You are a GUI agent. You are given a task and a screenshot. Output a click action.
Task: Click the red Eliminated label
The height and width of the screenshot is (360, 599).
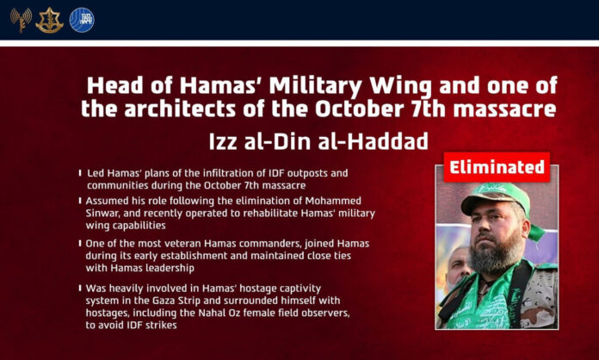point(497,167)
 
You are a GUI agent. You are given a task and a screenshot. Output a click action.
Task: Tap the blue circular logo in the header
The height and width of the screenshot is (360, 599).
point(82,20)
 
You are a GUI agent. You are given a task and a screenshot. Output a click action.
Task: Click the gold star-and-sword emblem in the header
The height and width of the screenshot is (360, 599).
point(49,21)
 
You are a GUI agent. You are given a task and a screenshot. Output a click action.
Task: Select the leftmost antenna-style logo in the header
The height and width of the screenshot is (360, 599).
point(21,20)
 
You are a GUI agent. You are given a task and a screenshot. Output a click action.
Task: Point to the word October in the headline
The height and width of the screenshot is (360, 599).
point(360,109)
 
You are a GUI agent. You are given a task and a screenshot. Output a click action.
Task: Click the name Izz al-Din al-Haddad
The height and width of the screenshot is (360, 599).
point(318,141)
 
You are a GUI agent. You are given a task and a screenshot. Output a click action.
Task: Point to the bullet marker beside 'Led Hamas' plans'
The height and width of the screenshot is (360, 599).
point(80,173)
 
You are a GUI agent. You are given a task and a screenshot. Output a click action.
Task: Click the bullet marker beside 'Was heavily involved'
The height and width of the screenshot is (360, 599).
point(80,288)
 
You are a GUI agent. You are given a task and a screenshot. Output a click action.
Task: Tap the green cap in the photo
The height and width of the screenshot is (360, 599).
point(497,198)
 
